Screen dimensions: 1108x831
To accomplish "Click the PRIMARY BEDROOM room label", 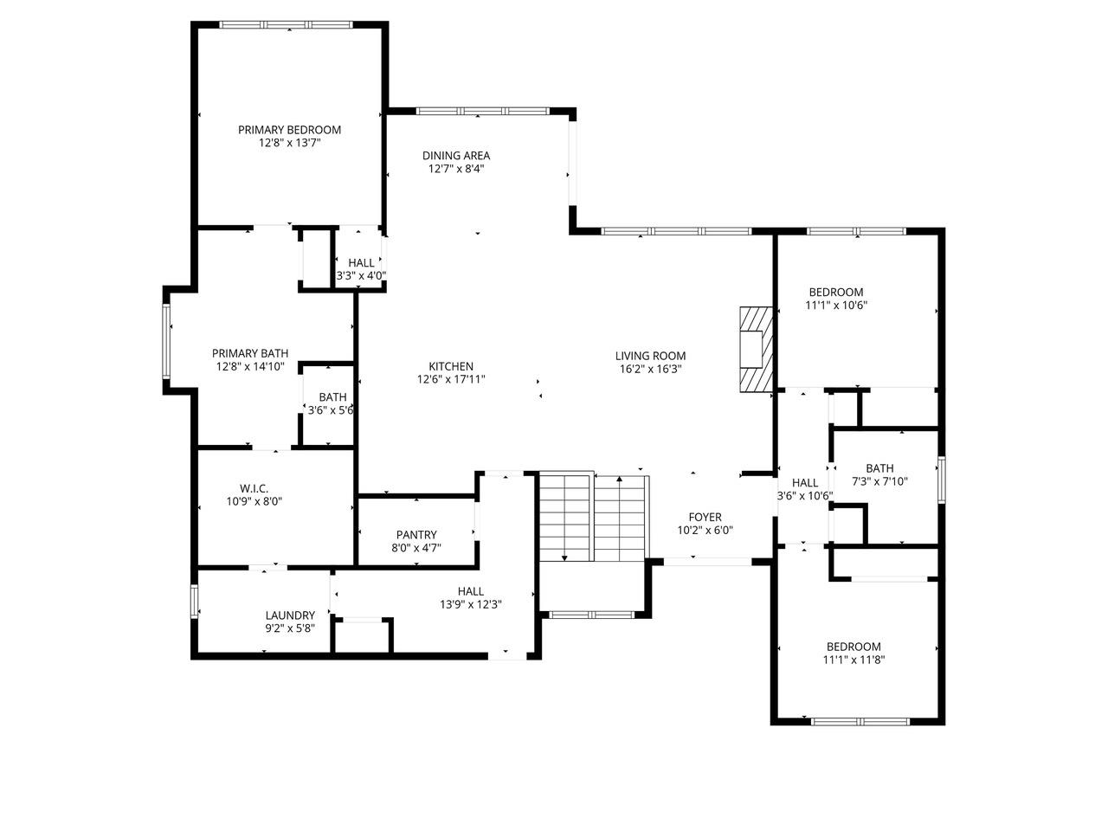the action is [289, 130].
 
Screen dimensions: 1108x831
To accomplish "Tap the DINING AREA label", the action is [456, 156].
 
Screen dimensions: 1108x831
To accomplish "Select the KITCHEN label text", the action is [451, 366].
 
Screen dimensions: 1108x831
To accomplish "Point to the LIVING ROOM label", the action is [650, 356].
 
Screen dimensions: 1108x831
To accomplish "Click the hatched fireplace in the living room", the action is [757, 349].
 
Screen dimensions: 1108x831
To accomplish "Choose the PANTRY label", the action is [416, 535].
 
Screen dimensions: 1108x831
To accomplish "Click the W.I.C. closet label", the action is [254, 488].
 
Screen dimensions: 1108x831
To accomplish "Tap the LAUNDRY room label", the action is [290, 615].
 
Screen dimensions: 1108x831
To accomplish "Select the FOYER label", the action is [705, 517].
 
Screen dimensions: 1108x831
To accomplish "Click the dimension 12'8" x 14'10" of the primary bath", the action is [250, 366].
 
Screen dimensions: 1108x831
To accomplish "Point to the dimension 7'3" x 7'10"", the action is [879, 481].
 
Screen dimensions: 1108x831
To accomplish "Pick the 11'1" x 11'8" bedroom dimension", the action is [854, 660].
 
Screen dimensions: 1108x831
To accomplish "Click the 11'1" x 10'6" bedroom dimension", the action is [836, 305].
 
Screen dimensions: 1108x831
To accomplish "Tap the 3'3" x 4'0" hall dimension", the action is [362, 275].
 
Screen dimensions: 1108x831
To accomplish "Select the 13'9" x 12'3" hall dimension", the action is [471, 604].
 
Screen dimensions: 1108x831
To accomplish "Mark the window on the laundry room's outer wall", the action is [195, 601].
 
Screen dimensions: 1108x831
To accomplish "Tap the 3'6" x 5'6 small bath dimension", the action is [331, 409].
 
